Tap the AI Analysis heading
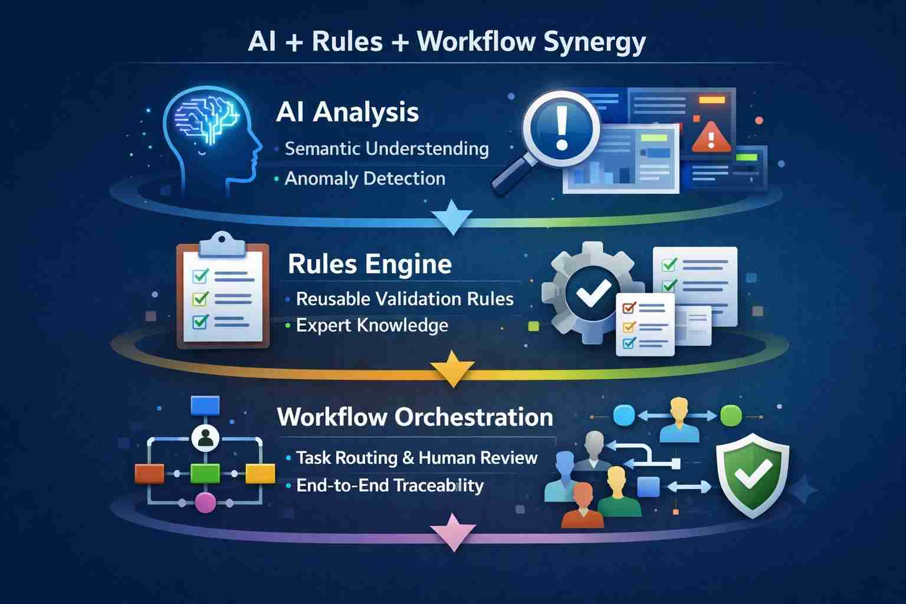click(347, 112)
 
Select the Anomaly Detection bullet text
click(365, 179)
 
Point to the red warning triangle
click(711, 137)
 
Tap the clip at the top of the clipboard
click(221, 244)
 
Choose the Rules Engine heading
click(370, 264)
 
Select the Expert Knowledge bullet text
click(372, 326)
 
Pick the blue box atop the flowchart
click(205, 406)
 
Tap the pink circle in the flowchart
click(205, 503)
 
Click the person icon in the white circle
click(205, 438)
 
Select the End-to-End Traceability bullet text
click(389, 486)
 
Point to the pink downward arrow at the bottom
click(452, 531)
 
